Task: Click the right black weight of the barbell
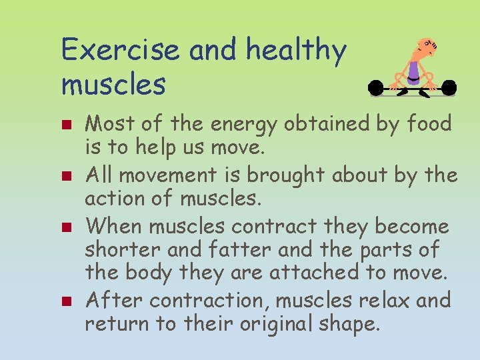[449, 87]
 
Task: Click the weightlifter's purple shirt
[415, 70]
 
